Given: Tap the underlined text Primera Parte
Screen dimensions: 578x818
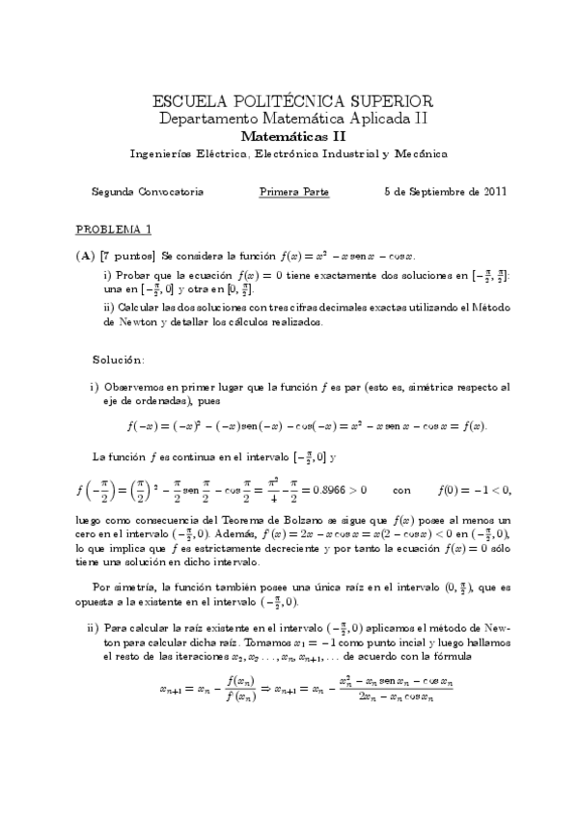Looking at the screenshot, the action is click(x=294, y=191).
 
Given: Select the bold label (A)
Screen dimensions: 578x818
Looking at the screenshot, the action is click(x=84, y=257).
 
